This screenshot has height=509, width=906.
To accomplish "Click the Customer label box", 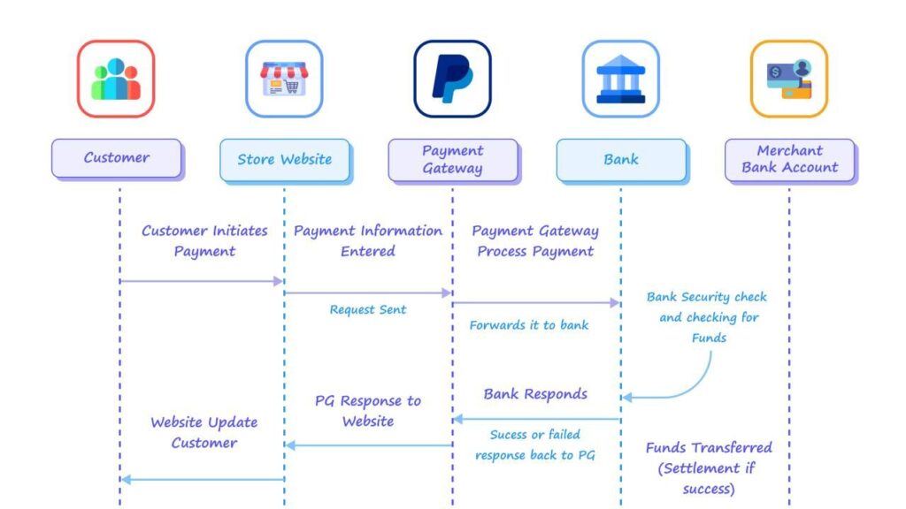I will coord(117,158).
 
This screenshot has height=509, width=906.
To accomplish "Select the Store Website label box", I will coord(284,160).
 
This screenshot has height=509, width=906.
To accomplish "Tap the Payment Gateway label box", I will coord(452,160).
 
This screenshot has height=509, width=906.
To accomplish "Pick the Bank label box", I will coord(620,160).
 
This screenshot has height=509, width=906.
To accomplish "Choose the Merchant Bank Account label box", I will coord(789,159).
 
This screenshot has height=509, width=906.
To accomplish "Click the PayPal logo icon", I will coord(452,79).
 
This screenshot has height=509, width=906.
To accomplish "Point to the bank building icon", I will coord(620,79).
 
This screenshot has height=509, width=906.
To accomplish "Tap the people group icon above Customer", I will coord(116,79).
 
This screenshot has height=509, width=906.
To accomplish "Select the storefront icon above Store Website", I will coord(284,79).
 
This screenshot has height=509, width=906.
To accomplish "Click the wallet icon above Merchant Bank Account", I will coord(789,79).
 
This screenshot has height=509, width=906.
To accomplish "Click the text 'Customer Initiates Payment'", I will coord(204,240).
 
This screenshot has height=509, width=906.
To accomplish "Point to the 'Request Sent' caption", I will coord(368,310).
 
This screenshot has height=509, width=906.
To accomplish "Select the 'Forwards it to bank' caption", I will coord(529,325).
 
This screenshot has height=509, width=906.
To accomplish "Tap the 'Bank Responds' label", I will coord(535,393).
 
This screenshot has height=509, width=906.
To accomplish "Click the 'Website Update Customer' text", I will coord(204,432).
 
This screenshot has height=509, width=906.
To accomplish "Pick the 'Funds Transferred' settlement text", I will coord(708,467).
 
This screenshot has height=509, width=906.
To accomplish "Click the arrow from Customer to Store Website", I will coord(201,281).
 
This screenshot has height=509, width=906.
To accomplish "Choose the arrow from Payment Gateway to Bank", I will coord(536,302).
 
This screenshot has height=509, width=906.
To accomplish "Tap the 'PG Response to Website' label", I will coord(368,411).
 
